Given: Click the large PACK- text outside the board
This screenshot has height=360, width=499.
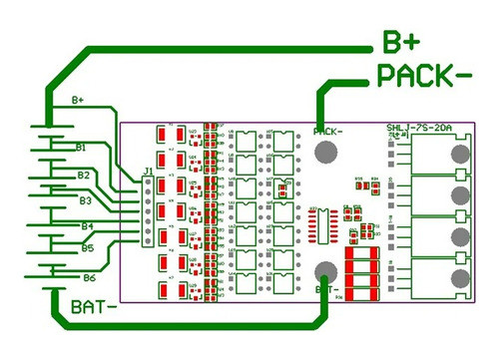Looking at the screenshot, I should point(424,76).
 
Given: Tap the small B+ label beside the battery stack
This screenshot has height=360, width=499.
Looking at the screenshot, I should point(79,100).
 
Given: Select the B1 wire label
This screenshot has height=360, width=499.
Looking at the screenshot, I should point(83,148).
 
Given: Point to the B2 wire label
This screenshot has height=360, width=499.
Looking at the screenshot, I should point(86,175).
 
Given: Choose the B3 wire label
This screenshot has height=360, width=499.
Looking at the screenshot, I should point(87,200).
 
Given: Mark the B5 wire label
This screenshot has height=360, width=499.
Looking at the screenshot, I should point(88,246).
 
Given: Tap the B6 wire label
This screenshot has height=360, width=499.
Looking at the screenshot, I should point(89,276).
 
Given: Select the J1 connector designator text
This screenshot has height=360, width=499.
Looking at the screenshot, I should point(148,173).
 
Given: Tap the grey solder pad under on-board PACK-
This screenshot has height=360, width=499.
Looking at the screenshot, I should point(325,152).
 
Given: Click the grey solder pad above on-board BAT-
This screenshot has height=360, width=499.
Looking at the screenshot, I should point(325,273).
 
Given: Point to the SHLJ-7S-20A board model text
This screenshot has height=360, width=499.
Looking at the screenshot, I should point(418,128).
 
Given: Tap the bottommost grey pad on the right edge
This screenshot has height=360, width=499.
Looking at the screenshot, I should point(459,277).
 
